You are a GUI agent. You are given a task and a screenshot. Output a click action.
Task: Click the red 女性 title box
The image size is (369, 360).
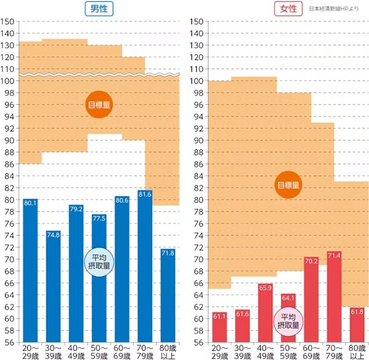(x=289, y=9)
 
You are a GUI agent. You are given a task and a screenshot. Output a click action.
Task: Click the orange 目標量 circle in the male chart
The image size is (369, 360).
(x=99, y=105)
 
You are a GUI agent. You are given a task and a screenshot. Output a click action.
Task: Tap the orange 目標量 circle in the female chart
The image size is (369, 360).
(x=288, y=185)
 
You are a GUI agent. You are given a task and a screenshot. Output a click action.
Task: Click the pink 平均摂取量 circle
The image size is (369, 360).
(x=288, y=321)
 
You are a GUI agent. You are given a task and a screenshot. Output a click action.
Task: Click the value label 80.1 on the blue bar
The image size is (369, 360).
(x=30, y=203)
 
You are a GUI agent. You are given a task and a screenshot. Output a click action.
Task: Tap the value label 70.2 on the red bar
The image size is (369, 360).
(x=311, y=262)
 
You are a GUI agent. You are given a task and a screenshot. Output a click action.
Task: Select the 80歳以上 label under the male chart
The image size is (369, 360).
(x=168, y=351)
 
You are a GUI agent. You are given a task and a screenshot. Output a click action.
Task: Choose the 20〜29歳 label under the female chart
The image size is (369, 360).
(x=220, y=351)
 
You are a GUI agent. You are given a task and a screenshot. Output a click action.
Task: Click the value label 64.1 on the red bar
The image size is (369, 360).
(x=288, y=297)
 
